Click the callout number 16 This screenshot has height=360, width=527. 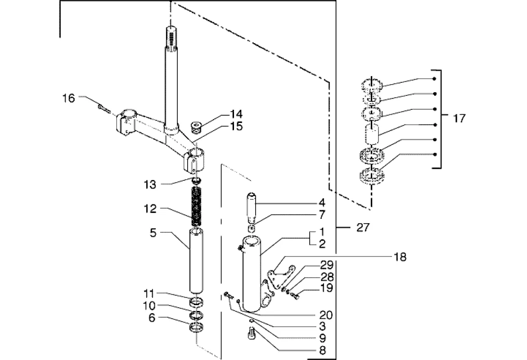click(x=68, y=99)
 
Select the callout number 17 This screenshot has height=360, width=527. click(x=459, y=118)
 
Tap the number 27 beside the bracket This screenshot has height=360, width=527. click(x=363, y=228)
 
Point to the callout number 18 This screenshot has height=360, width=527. click(x=400, y=257)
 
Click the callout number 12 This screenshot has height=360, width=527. click(x=150, y=209)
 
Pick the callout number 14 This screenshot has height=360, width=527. click(x=236, y=114)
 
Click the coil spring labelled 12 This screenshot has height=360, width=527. click(x=196, y=207)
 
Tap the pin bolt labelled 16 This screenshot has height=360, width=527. click(x=104, y=108)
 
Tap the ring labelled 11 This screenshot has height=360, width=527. click(x=197, y=302)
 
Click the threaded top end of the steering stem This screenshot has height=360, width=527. click(x=171, y=36)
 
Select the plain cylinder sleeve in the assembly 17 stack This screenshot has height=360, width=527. click(x=371, y=134)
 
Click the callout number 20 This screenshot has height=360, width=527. click(x=325, y=315)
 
